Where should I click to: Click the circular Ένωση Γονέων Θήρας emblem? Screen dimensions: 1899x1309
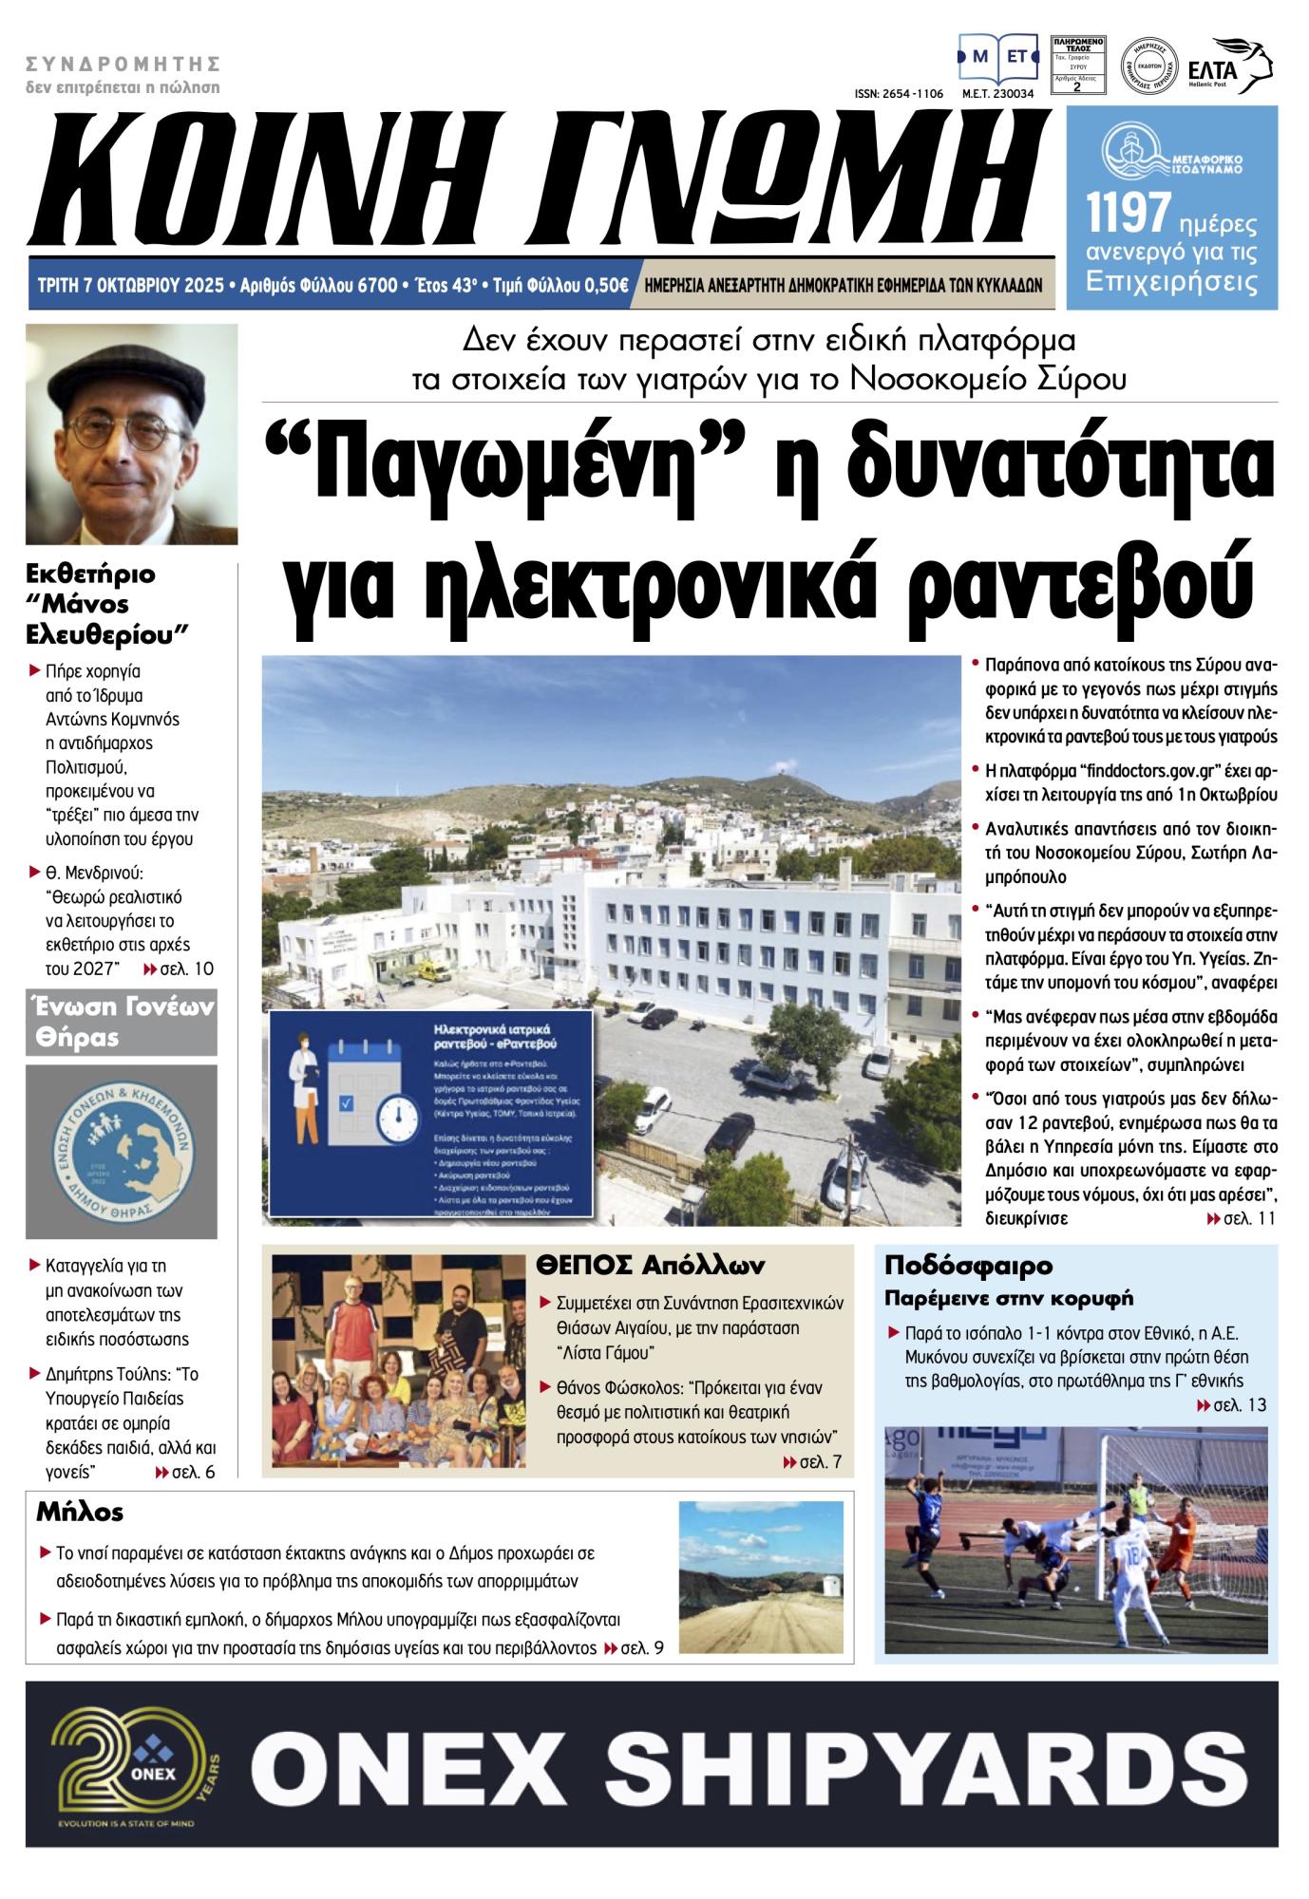[x=121, y=1151]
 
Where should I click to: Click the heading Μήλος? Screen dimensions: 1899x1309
[x=80, y=1510]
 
